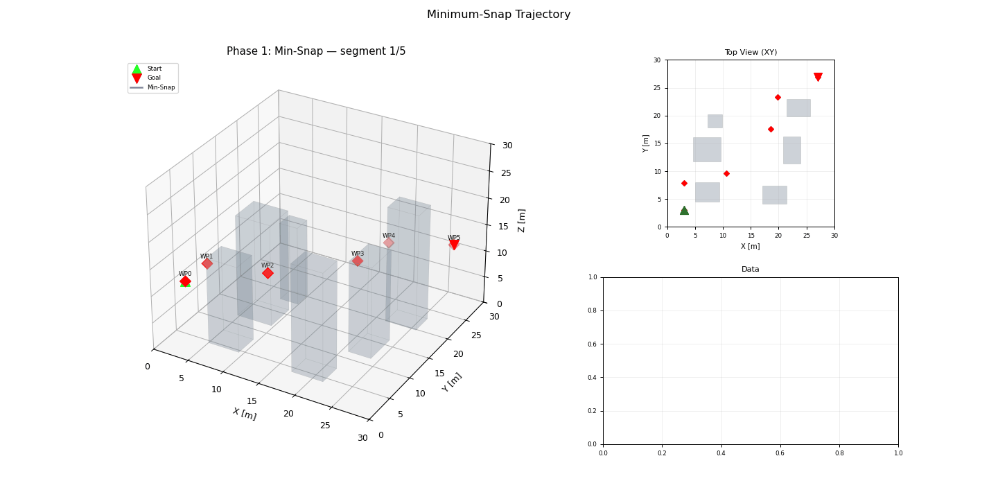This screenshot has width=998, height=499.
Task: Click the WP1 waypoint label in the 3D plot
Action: pyautogui.click(x=207, y=256)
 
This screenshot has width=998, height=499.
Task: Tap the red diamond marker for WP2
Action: pyautogui.click(x=268, y=274)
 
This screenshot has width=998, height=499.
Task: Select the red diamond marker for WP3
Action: pyautogui.click(x=358, y=261)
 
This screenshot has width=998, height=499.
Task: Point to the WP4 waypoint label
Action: pyautogui.click(x=389, y=236)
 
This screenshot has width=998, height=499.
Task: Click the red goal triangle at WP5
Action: pyautogui.click(x=454, y=245)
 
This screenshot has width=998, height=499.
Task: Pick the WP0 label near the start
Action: pyautogui.click(x=185, y=274)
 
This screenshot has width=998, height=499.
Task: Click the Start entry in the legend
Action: pyautogui.click(x=154, y=69)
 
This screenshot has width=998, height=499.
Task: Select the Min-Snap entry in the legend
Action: pyautogui.click(x=161, y=87)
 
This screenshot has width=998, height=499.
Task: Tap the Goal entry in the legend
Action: pyautogui.click(x=154, y=78)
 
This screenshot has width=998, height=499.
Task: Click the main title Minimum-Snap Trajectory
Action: pyautogui.click(x=498, y=15)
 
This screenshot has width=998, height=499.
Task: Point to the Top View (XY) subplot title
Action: pyautogui.click(x=751, y=52)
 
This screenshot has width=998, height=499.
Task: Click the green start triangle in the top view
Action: pyautogui.click(x=684, y=210)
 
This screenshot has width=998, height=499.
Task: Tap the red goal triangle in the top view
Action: pyautogui.click(x=818, y=77)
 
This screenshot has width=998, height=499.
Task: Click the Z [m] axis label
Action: pyautogui.click(x=522, y=220)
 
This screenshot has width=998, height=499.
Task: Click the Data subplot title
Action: pyautogui.click(x=750, y=269)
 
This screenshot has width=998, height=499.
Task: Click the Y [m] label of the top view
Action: pyautogui.click(x=645, y=143)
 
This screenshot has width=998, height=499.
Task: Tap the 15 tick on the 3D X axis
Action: pyautogui.click(x=252, y=401)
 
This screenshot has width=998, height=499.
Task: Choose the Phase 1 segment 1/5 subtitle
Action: pyautogui.click(x=316, y=51)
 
